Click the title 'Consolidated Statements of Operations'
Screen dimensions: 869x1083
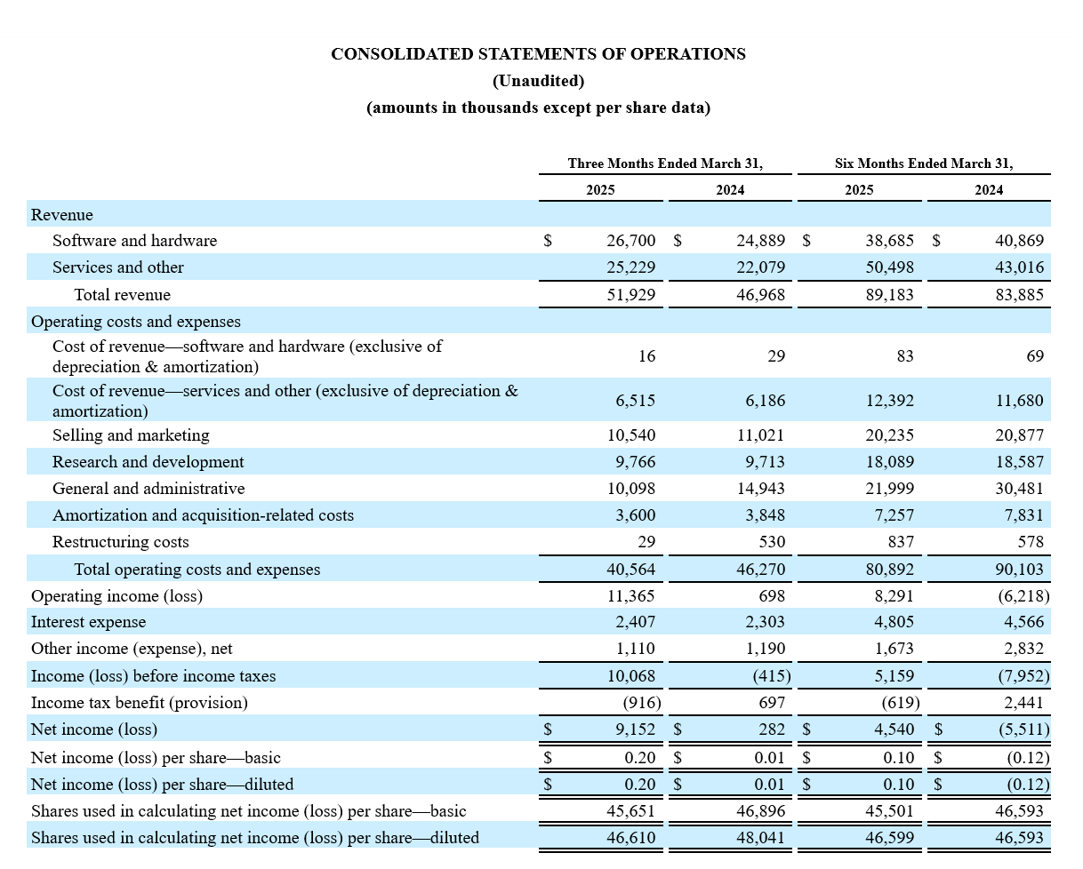click(x=538, y=54)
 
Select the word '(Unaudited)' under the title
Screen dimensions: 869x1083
click(x=538, y=81)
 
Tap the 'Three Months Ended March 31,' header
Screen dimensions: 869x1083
click(x=665, y=163)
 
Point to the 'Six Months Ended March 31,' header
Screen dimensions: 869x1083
click(x=923, y=163)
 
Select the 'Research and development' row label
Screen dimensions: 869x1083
click(x=148, y=462)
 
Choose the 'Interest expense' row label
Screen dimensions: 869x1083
click(x=88, y=622)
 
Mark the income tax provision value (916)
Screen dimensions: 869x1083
click(x=641, y=703)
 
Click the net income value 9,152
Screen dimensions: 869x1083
click(x=635, y=729)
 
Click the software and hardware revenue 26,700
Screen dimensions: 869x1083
click(x=630, y=241)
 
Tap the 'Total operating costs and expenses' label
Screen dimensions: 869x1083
click(x=197, y=570)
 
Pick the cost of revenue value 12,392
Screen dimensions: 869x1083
click(x=889, y=401)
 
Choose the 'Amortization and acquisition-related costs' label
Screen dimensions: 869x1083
click(x=203, y=515)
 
